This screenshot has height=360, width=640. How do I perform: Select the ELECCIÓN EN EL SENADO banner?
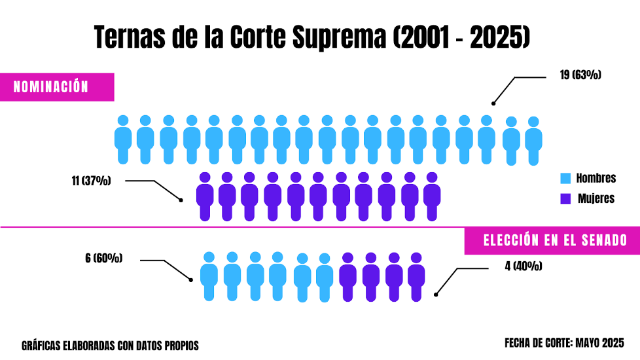(554, 240)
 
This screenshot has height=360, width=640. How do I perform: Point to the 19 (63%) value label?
(580, 75)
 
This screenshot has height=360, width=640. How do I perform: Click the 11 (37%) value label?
(91, 181)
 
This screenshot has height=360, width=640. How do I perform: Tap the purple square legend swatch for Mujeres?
(566, 198)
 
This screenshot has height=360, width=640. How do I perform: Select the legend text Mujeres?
(596, 198)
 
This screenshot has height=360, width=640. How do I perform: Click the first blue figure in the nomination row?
(123, 139)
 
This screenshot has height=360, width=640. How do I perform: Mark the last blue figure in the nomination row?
(533, 141)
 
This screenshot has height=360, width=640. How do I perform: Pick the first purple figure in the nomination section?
(205, 196)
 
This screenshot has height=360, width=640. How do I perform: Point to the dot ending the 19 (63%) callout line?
(493, 103)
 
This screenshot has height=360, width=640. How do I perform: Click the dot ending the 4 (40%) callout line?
(436, 294)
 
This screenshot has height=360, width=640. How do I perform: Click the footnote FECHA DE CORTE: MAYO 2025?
(564, 343)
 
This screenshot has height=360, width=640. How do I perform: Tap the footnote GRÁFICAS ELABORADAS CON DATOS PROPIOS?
(110, 345)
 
